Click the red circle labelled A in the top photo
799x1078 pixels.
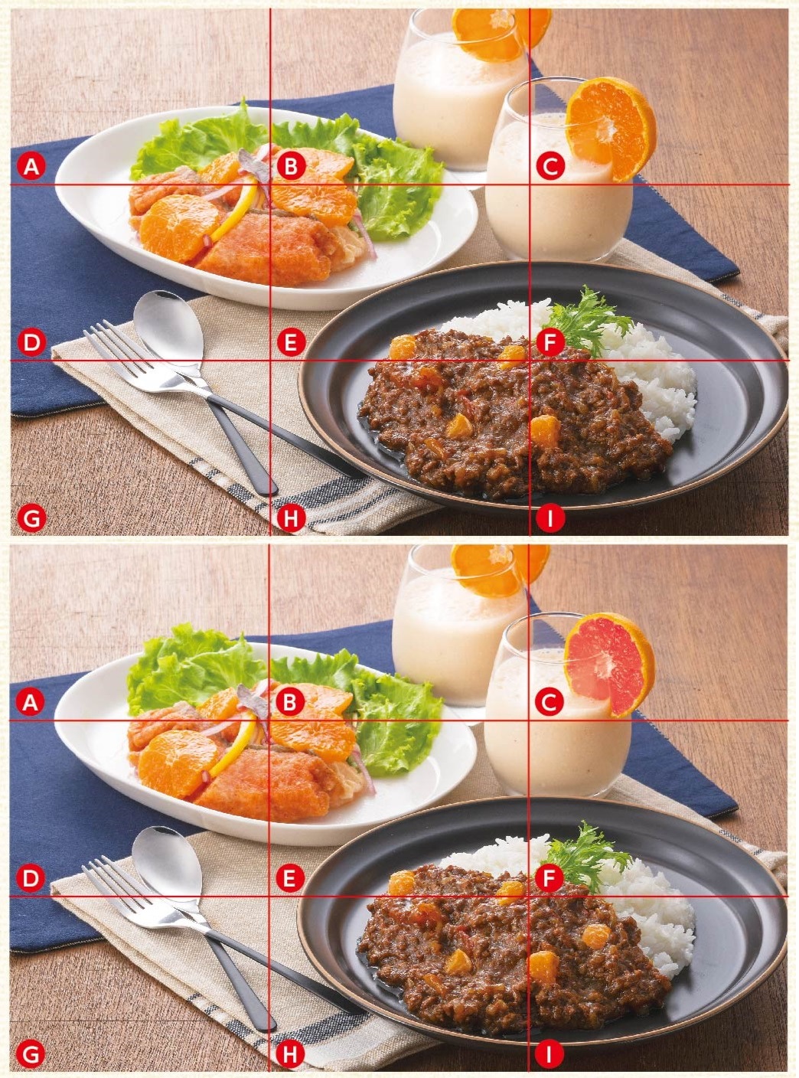tap(31, 166)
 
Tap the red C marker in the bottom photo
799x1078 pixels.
tap(550, 702)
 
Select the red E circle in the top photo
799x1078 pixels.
tap(291, 342)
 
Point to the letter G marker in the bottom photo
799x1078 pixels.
tap(31, 1055)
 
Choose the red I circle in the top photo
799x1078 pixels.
tap(550, 518)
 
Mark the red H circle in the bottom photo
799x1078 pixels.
tap(290, 1055)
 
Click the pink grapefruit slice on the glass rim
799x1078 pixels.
tap(609, 664)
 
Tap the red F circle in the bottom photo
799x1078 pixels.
tap(550, 877)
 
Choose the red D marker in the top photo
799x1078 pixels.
tap(31, 342)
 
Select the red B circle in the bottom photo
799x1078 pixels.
tap(290, 702)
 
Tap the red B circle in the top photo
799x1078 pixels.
tap(291, 166)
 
